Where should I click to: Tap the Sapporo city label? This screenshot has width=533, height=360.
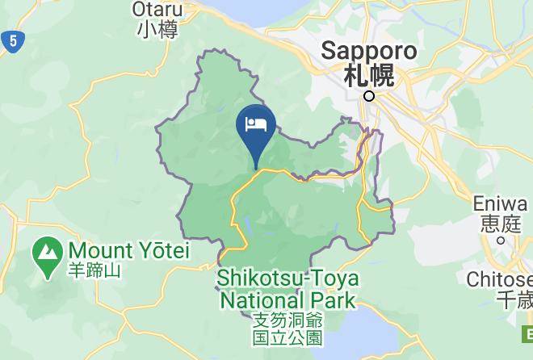(369, 51)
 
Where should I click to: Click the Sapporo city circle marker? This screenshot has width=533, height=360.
(369, 96)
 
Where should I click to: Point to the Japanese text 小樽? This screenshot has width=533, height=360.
(157, 30)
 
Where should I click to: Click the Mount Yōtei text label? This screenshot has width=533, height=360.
(128, 251)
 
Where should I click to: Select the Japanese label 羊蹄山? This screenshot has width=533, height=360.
(94, 270)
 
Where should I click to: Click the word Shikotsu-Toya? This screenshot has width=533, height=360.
(287, 279)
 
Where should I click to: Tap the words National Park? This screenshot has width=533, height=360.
(287, 300)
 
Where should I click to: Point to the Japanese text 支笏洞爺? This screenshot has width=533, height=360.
(287, 320)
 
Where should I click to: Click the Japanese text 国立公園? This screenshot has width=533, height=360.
(287, 337)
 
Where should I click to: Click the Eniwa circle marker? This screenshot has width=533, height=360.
(501, 240)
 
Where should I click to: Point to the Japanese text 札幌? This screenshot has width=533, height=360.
(369, 76)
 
